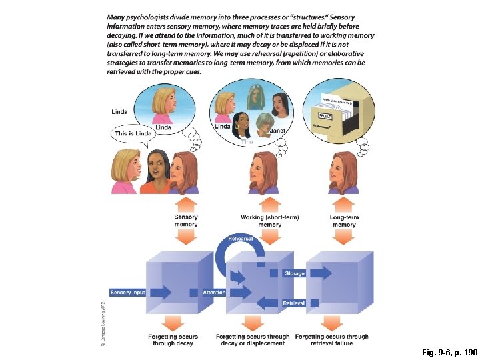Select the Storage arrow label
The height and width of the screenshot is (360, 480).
294,273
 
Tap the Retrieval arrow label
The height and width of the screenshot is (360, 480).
294,303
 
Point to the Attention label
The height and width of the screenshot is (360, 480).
213,292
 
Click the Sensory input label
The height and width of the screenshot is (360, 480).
128,292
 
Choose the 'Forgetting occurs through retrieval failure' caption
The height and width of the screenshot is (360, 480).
331,340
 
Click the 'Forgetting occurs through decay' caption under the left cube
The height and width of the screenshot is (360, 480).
172,340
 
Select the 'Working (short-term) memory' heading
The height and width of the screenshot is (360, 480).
269,221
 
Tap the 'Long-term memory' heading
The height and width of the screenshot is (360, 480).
344,221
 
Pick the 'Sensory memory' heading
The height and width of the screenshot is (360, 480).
186,221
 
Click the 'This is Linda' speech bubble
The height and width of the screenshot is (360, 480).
133,133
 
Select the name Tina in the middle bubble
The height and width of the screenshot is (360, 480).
247,141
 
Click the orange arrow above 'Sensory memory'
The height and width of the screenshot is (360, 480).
186,203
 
